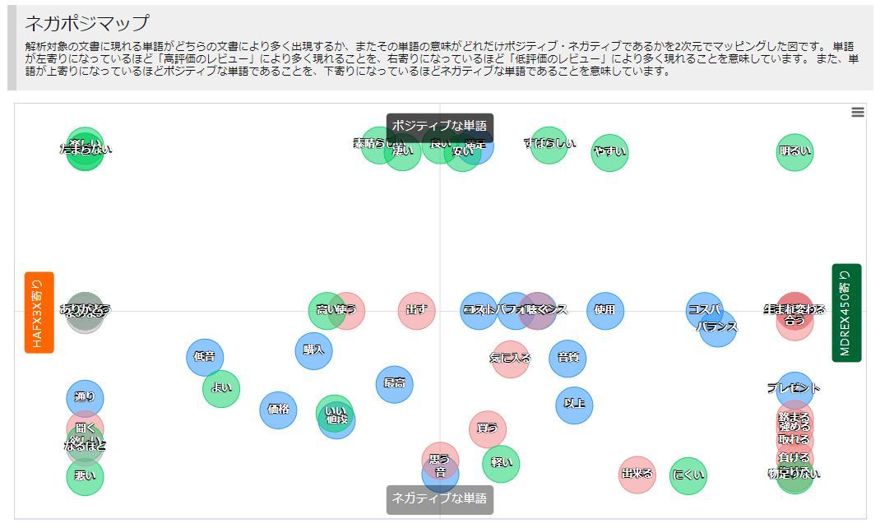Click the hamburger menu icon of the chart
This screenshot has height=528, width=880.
(x=858, y=113)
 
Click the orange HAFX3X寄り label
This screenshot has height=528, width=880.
(x=39, y=312)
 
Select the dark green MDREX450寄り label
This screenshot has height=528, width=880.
(x=846, y=313)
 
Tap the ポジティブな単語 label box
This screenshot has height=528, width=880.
(x=440, y=126)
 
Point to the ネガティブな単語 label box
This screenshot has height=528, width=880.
(x=440, y=498)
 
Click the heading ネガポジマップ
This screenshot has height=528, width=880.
(x=87, y=23)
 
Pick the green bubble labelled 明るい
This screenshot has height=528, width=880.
(x=794, y=151)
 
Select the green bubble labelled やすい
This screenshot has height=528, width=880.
(x=609, y=152)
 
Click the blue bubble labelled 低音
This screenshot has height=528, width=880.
(x=205, y=357)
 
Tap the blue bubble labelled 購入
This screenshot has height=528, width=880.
(x=313, y=350)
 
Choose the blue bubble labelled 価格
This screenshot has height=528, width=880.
(x=278, y=410)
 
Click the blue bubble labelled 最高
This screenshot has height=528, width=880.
(x=394, y=383)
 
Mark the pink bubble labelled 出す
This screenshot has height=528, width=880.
(x=417, y=311)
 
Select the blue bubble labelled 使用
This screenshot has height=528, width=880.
(x=604, y=311)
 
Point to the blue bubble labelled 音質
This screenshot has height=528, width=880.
(x=567, y=359)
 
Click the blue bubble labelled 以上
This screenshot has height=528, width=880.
(x=574, y=405)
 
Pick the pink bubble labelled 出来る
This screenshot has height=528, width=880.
(x=637, y=475)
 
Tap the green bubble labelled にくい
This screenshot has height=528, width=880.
(x=688, y=475)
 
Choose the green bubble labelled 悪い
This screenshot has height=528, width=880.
(x=86, y=476)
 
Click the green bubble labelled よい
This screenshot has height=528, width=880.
(x=221, y=388)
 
